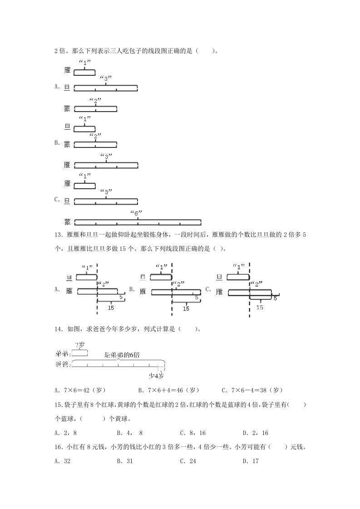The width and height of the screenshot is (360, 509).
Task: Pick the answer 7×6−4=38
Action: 252,390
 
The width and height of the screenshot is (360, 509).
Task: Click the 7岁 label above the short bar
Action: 81,345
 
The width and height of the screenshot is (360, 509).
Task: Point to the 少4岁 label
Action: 156,375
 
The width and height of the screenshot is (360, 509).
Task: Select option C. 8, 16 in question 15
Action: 192,433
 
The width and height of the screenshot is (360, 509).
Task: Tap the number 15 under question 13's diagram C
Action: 260,307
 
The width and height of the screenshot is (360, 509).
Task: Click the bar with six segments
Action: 138,222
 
